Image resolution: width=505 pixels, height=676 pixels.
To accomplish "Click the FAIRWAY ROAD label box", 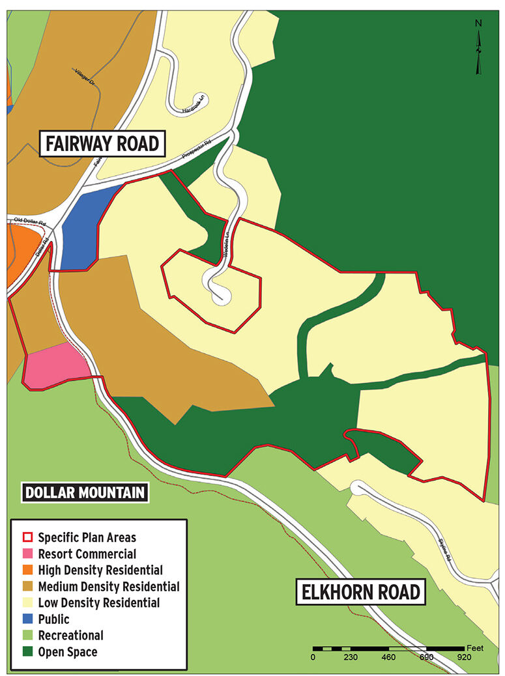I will click(102, 143).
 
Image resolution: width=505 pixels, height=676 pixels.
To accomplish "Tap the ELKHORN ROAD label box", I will click(360, 593).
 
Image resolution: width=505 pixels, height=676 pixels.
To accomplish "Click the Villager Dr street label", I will click(85, 77).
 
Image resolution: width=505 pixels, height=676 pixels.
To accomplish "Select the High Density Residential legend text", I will click(100, 570).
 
